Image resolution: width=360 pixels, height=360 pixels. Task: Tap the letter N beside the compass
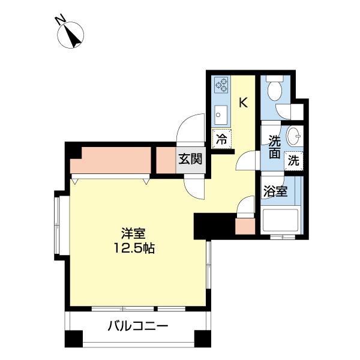pyautogui.click(x=61, y=21)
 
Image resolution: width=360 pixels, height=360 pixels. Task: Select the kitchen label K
pyautogui.click(x=243, y=102)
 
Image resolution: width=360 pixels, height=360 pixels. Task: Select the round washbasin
pyautogui.click(x=294, y=136)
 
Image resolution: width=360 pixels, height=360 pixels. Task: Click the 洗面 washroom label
pyautogui.click(x=274, y=148)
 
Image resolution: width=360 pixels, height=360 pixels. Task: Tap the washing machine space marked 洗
pyautogui.click(x=293, y=160)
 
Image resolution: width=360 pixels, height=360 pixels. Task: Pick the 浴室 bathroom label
pyautogui.click(x=275, y=192)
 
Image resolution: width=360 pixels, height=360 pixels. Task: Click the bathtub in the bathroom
pyautogui.click(x=281, y=220)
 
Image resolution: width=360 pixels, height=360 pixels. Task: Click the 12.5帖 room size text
pyautogui.click(x=134, y=247)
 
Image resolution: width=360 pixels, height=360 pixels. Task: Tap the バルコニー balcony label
pyautogui.click(x=138, y=327)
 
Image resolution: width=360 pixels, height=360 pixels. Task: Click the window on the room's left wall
pyautogui.click(x=58, y=225)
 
